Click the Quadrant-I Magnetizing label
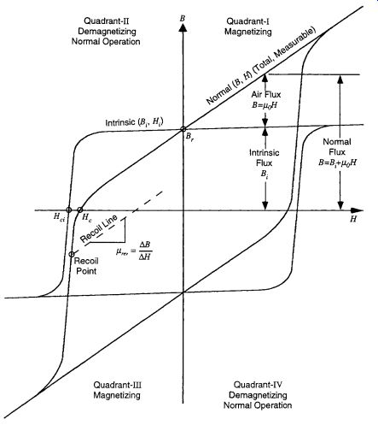coord(248,27)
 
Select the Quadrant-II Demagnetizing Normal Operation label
coord(106,31)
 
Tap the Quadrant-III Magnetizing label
coord(117,390)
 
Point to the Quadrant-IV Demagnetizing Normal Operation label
coord(258,395)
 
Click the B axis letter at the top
coord(183,18)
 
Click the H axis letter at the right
coord(353,219)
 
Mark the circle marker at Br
coord(183,129)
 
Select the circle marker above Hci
coord(68,210)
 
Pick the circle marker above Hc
coord(80,210)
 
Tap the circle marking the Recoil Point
coord(72,254)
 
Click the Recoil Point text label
coord(86,266)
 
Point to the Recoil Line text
coord(99,228)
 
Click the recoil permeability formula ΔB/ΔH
coord(134,251)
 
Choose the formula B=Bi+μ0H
coord(337,162)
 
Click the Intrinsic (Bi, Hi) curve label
coord(134,122)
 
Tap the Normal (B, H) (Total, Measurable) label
coord(261,66)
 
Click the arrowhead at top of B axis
coord(183,28)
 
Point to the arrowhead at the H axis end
coord(357,210)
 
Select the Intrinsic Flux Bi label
coord(265,163)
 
